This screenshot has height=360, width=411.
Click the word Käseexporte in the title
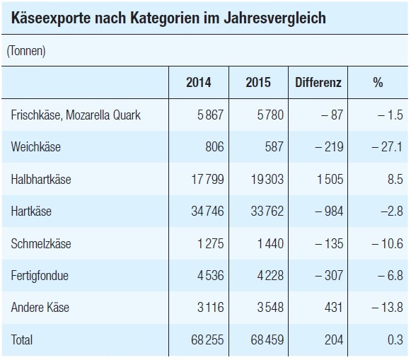[x=51, y=18]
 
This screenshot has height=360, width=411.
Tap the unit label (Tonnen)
[x=26, y=51]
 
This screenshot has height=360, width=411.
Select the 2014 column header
[x=198, y=82]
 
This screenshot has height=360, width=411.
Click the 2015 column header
[x=258, y=82]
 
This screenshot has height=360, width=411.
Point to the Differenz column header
[x=318, y=82]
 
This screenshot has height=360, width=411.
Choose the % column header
[x=378, y=82]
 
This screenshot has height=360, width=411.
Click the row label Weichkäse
[x=36, y=146]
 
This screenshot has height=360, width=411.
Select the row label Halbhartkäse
[x=41, y=180]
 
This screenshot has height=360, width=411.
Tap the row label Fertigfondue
[x=40, y=276]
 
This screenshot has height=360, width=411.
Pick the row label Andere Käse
[x=40, y=308]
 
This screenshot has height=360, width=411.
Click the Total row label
[x=22, y=339]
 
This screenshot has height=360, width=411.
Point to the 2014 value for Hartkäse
[x=207, y=211]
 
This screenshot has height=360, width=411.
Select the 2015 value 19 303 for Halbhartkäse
[x=267, y=180]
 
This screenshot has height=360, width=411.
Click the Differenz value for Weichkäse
[x=329, y=146]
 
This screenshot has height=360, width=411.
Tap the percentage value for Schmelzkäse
[x=387, y=244]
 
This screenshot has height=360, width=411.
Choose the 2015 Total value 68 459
[x=267, y=339]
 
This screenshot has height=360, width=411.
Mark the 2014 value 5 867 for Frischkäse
[x=211, y=115]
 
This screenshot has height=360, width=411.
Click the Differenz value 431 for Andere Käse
[x=334, y=308]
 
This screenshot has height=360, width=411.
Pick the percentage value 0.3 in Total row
[x=395, y=339]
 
